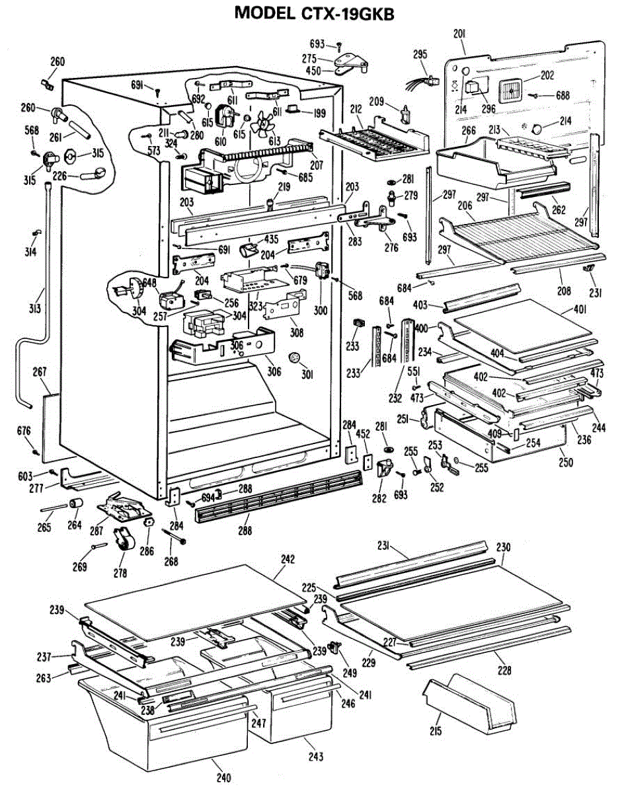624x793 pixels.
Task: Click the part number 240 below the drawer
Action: (x=224, y=778)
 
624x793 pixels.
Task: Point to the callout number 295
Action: (x=420, y=55)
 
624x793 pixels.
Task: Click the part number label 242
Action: (x=287, y=559)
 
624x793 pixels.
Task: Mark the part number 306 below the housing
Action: (x=274, y=371)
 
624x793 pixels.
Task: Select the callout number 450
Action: (x=313, y=71)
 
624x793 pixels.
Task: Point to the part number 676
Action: (x=24, y=432)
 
